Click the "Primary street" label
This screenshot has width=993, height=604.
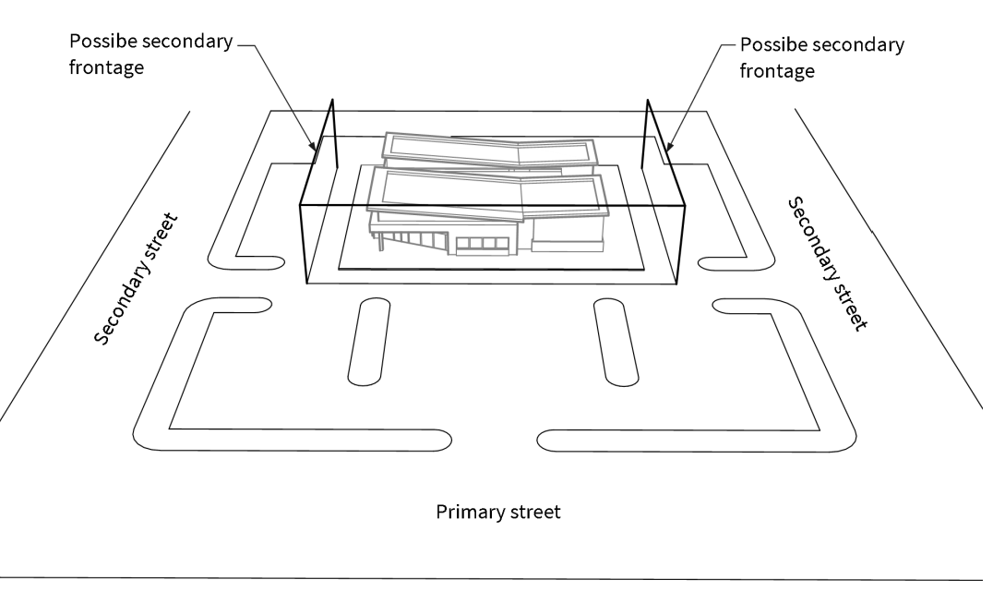[x=497, y=512]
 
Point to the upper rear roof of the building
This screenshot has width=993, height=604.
[x=489, y=148]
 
